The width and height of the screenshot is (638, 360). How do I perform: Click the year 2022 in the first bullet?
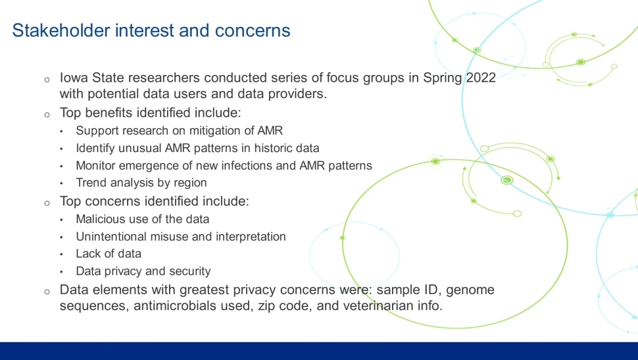click(481, 78)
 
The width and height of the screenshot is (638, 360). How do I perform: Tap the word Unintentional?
click(112, 237)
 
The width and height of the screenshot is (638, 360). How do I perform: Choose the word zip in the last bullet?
click(265, 306)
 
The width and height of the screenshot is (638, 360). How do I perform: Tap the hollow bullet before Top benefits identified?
click(47, 115)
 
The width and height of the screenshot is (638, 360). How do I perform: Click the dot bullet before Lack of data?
click(61, 255)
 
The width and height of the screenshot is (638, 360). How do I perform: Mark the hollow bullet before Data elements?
click(47, 292)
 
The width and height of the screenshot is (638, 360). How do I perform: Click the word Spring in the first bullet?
click(442, 78)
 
